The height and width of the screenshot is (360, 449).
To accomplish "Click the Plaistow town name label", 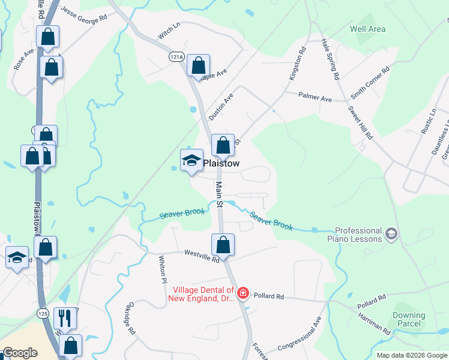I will click(x=221, y=163).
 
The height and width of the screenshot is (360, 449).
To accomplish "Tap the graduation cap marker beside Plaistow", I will click(x=192, y=161).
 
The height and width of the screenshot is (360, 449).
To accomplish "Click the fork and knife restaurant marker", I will click(x=64, y=318).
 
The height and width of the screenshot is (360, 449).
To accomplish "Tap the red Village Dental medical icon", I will click(x=243, y=293).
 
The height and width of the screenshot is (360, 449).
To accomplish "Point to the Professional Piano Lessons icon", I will click(x=391, y=233).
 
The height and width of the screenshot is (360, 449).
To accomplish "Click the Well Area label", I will click(x=367, y=29).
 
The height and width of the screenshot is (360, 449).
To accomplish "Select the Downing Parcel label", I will click(x=408, y=319).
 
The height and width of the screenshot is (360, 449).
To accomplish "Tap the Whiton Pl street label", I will click(x=162, y=269).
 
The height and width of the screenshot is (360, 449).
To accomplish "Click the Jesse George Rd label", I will click(x=84, y=13).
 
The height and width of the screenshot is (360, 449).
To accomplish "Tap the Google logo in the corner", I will click(x=20, y=353).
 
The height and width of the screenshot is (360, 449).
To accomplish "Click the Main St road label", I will click(x=219, y=195).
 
